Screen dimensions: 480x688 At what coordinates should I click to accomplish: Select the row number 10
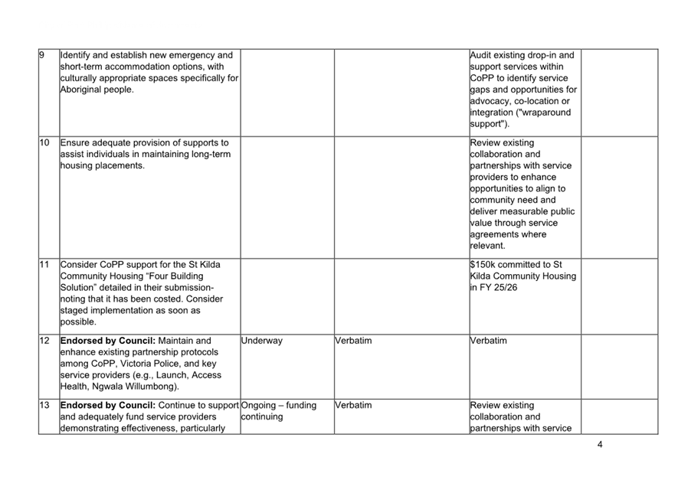coord(44,142)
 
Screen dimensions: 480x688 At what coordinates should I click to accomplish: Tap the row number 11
coord(44,265)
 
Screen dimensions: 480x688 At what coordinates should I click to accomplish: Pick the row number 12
coord(44,341)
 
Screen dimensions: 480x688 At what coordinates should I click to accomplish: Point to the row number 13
coord(44,405)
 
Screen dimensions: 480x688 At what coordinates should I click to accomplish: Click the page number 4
coord(599,445)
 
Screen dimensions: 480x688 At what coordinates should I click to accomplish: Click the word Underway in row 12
coord(261,341)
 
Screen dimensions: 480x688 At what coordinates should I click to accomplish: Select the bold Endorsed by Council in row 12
coord(106,341)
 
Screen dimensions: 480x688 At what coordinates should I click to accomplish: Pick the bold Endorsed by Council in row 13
coord(106,405)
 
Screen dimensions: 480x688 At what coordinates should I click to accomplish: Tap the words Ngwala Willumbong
coord(130,387)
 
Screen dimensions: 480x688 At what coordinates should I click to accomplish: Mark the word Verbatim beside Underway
coord(353,341)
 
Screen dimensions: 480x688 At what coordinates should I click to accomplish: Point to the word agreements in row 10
coord(495,234)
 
